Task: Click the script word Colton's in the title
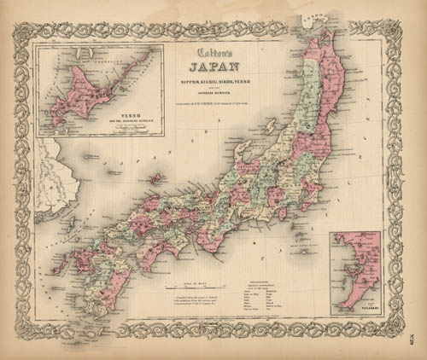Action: pos(211,57)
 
